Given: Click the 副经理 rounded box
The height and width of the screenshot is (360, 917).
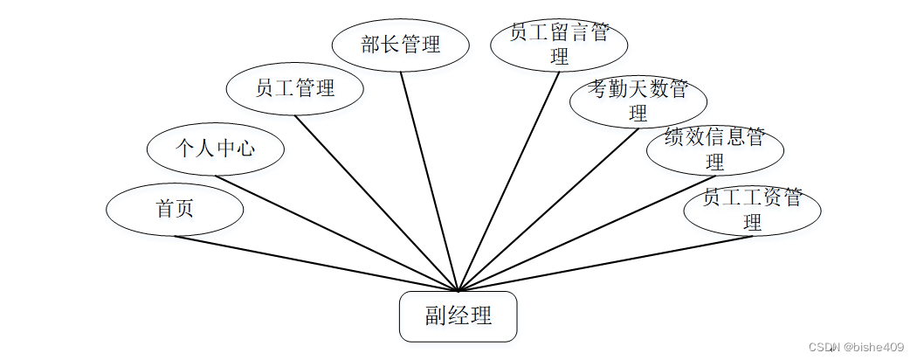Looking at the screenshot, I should tap(458, 316).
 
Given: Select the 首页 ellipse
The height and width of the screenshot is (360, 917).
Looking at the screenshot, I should tap(175, 210).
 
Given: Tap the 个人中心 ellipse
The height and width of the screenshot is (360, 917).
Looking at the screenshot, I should tap(215, 149).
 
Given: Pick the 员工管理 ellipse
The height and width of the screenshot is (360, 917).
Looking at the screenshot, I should tap(294, 88).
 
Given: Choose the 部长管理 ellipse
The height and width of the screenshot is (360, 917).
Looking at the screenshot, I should tap(401, 45).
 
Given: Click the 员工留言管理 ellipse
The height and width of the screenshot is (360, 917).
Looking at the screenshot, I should tap(559, 45).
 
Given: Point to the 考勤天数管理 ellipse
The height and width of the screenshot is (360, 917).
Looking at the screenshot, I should tap(638, 101).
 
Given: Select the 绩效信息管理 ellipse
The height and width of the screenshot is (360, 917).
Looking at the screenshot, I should tap(714, 149).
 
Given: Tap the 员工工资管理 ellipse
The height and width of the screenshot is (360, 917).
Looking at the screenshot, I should tap(752, 210).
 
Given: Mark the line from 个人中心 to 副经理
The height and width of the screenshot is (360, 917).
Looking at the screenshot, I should tap(336, 233).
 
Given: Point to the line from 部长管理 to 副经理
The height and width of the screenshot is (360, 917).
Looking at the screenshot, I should tap(429, 180).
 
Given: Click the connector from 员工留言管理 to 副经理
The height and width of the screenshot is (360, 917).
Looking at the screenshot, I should tap(509, 180).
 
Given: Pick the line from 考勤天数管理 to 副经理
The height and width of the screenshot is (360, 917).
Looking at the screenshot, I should tap(548, 209).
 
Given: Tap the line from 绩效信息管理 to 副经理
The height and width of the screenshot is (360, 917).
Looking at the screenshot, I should tap(587, 232).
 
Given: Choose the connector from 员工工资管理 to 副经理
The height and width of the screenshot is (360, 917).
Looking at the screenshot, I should tap(604, 263).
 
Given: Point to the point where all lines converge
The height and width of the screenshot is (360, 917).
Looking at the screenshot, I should tap(458, 290).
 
